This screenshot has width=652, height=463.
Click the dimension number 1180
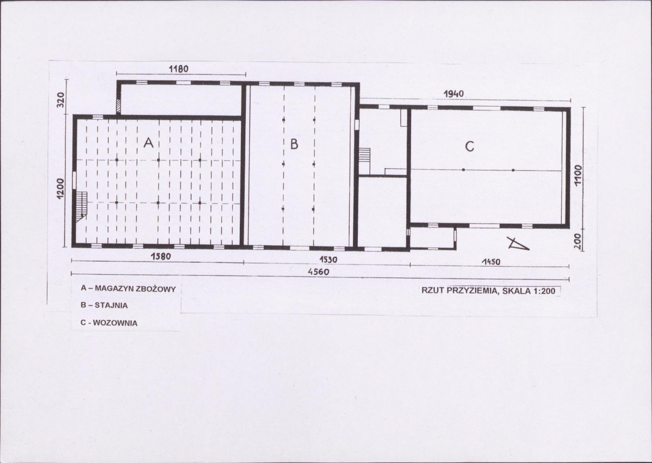178,69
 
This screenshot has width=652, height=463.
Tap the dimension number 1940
454,94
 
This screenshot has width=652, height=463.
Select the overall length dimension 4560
319,272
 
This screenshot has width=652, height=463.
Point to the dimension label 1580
160,257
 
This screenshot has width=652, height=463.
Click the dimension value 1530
328,260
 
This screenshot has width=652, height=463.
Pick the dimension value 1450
490,262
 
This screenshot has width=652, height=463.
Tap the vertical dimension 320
61,100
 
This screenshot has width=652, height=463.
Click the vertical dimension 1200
61,189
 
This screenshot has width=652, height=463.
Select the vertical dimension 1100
578,175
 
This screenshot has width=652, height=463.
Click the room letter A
148,143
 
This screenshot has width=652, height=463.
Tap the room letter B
294,144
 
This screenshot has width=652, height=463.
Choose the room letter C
469,146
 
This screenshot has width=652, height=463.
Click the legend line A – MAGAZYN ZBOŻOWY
128,288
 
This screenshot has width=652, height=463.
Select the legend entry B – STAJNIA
104,305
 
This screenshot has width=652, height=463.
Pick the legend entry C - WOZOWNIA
109,323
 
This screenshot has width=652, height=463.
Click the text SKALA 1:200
529,291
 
